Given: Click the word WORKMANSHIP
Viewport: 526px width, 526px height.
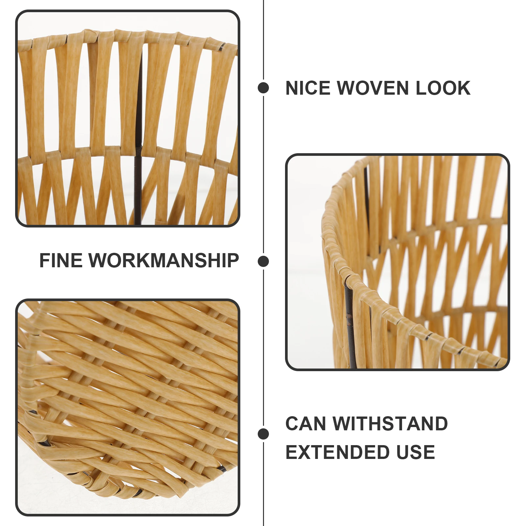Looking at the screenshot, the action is [164, 261].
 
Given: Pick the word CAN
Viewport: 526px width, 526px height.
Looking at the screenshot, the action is [306, 423].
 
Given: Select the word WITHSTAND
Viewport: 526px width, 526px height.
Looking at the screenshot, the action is [390, 423].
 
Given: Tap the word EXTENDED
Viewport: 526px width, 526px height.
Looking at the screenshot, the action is [337, 452].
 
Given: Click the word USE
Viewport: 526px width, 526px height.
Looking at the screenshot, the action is [416, 452].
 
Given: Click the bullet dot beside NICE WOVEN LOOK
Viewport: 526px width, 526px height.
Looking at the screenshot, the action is [263, 88].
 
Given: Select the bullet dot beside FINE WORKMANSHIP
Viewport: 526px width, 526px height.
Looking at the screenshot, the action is [263, 261].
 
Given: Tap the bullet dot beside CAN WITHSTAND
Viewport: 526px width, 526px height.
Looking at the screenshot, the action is [263, 434].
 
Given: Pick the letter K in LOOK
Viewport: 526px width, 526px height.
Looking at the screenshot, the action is [464, 88].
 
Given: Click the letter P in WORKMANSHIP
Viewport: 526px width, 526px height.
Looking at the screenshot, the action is [232, 261].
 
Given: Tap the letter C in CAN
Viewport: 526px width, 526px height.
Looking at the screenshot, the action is [292, 423].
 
